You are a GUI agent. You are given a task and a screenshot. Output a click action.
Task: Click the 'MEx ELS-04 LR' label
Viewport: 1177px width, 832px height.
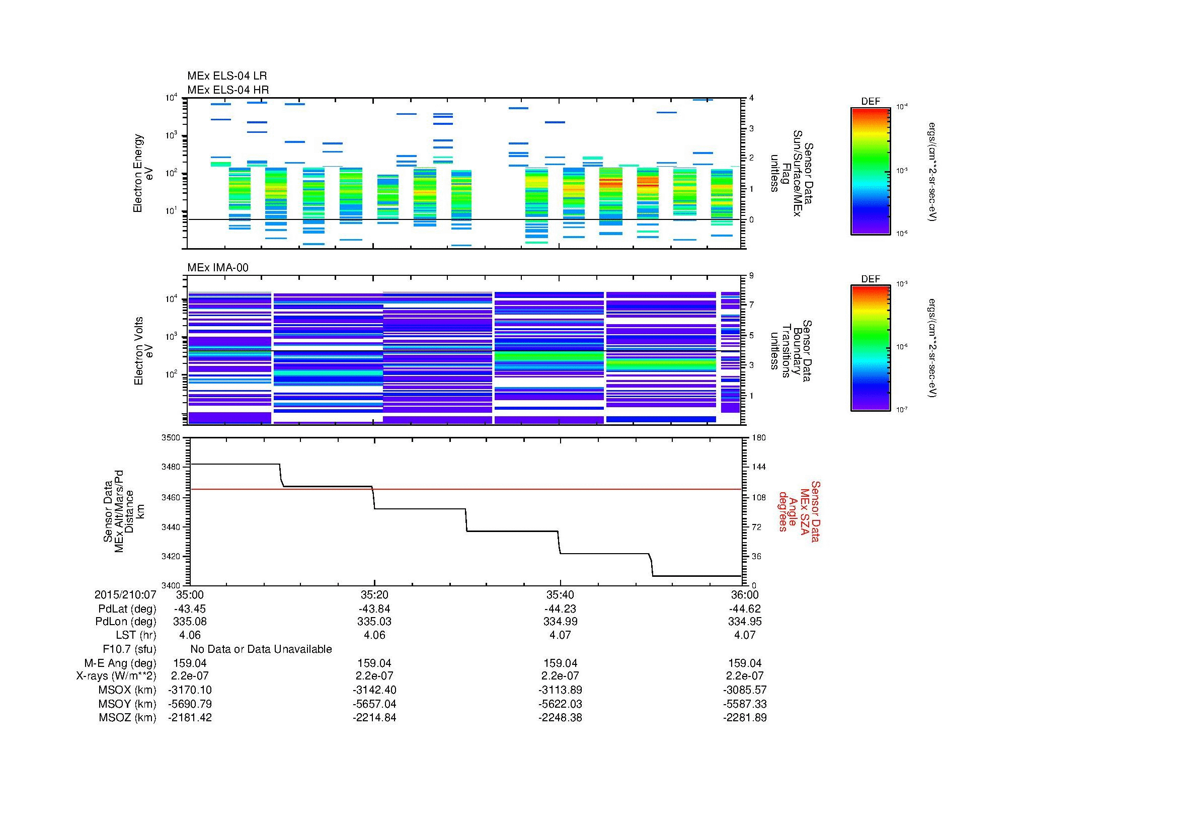coord(226,76)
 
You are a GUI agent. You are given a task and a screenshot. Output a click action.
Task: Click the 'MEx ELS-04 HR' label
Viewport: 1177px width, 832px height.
coord(227,90)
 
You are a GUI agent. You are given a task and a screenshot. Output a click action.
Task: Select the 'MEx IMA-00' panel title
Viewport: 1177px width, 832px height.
coord(217,268)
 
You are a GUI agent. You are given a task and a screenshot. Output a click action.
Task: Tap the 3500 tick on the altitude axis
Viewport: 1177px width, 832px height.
coord(171,438)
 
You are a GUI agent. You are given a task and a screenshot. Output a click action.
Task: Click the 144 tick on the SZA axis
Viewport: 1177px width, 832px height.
coord(758,467)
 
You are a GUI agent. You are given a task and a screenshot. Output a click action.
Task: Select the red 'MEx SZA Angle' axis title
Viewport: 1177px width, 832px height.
coord(799,511)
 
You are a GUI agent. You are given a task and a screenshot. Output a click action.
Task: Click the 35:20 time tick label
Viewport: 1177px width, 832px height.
coord(374,595)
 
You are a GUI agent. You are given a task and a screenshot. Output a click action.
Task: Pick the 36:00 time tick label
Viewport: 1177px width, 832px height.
coord(745,595)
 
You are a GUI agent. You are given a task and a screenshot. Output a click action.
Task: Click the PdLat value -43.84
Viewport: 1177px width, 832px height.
coord(374,609)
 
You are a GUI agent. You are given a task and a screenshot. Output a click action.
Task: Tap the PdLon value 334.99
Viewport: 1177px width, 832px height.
coord(560,622)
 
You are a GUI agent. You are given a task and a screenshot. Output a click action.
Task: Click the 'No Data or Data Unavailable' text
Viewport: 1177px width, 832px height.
coord(261,649)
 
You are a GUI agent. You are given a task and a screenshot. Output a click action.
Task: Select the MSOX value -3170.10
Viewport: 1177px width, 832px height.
coord(190,690)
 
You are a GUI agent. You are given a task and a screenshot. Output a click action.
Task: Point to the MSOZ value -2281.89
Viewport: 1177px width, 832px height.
coord(745,718)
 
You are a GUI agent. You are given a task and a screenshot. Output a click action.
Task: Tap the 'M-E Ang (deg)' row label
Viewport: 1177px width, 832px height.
coord(120,663)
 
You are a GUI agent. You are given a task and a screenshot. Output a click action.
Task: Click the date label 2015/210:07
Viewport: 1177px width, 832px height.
coord(125,595)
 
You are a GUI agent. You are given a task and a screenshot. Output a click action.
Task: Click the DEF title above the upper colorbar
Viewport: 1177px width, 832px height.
coord(870,102)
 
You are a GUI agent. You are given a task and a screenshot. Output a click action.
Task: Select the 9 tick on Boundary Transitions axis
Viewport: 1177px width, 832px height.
coord(751,276)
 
